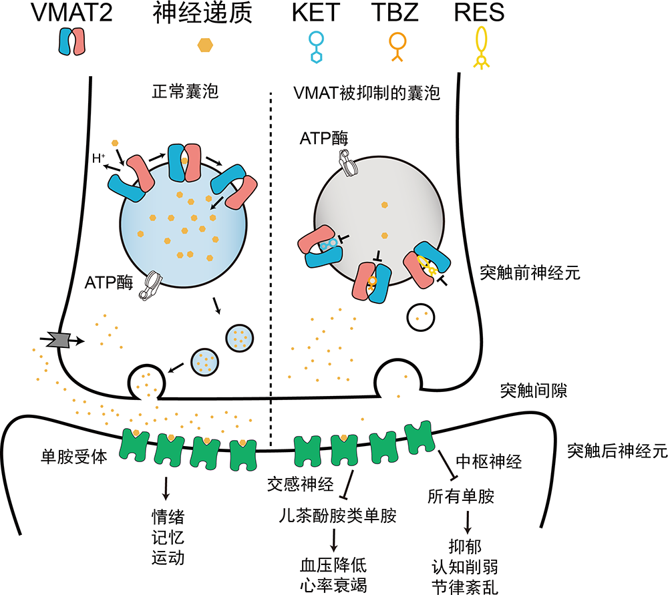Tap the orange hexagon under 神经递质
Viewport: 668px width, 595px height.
tap(206, 45)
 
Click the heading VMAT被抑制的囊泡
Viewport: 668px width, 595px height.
tap(367, 92)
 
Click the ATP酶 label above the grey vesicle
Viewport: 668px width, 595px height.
tap(324, 138)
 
